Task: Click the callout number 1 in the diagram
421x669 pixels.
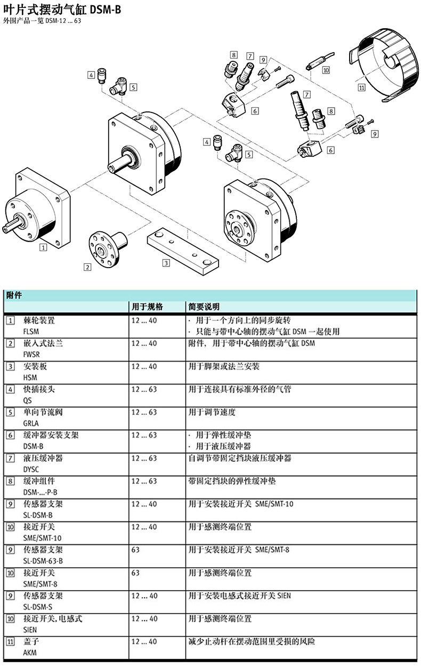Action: point(43,247)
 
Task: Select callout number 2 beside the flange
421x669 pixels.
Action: point(87,267)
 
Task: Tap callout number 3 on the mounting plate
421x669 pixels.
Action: point(166,263)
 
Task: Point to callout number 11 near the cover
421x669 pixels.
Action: point(362,87)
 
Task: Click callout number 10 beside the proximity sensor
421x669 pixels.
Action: point(326,70)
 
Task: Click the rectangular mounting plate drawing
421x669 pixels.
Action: point(183,252)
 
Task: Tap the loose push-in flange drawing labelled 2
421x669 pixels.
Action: point(108,249)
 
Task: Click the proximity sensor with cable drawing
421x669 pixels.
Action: point(320,61)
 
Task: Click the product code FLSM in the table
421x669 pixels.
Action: point(31,332)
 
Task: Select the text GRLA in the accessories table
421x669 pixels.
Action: point(31,423)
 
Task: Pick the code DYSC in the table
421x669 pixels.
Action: point(31,469)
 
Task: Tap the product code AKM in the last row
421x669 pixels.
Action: point(30,652)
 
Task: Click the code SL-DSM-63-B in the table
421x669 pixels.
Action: point(43,561)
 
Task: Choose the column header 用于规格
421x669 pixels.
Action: point(147,307)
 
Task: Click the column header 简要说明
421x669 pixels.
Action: point(204,307)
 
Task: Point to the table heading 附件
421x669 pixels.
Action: point(14,295)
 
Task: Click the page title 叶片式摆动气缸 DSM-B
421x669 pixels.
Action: point(62,10)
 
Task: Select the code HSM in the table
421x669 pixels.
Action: point(30,377)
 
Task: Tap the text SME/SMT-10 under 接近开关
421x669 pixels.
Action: point(42,538)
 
